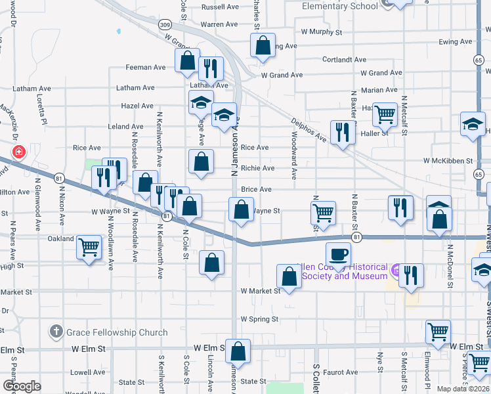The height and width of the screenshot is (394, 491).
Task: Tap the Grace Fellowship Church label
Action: pyautogui.click(x=117, y=332)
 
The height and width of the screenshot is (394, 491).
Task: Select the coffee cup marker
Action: pyautogui.click(x=338, y=253)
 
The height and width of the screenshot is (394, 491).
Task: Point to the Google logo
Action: pyautogui.click(x=22, y=386)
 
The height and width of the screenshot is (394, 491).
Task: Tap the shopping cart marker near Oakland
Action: pyautogui.click(x=89, y=248)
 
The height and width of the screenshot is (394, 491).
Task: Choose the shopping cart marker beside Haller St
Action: pyautogui.click(x=385, y=114)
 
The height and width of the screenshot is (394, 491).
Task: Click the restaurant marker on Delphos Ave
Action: pyautogui.click(x=342, y=131)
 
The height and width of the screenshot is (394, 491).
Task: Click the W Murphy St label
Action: pyautogui.click(x=322, y=32)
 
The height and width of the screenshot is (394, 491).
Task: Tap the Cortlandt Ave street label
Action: pyautogui.click(x=344, y=59)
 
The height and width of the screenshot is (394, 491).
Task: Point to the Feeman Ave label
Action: pyautogui.click(x=146, y=67)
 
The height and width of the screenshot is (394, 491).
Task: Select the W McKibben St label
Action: pyautogui.click(x=448, y=160)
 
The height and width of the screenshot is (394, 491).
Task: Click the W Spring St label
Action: pyautogui.click(x=260, y=319)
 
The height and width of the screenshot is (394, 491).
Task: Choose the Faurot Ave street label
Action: pyautogui.click(x=339, y=372)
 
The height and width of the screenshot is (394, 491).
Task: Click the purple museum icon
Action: pyautogui.click(x=395, y=269)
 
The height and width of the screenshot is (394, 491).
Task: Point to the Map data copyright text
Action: pyautogui.click(x=463, y=389)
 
